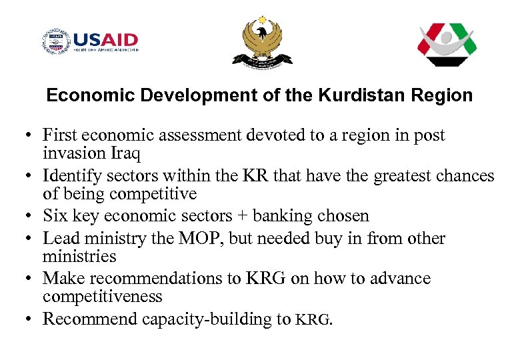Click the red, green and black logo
[x=447, y=45]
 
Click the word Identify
[x=71, y=176]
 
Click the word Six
[x=56, y=216]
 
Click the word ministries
[x=79, y=257]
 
